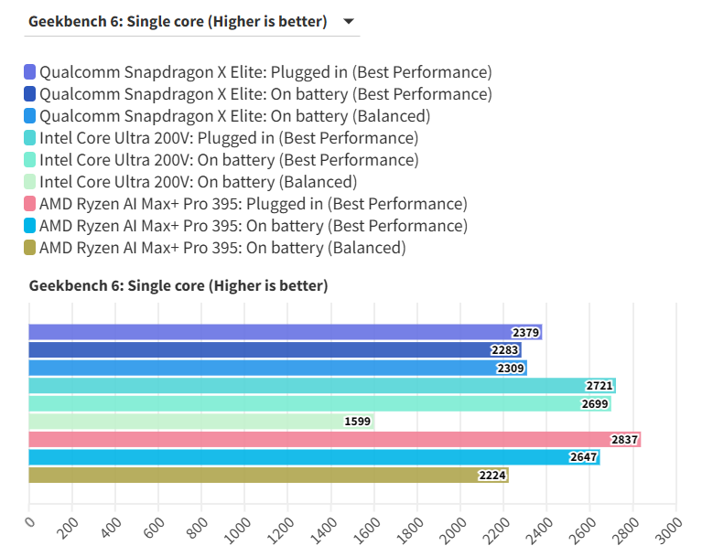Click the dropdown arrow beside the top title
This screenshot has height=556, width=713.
[x=348, y=22]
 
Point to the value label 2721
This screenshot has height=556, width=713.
[x=599, y=386]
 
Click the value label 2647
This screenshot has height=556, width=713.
[x=583, y=457]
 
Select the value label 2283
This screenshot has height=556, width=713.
[x=504, y=350]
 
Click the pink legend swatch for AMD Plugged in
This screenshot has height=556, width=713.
[x=30, y=204]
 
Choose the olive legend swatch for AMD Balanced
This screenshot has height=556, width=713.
[x=30, y=248]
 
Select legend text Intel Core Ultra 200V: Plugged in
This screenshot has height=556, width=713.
[x=229, y=138]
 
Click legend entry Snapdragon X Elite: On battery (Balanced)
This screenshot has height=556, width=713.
[x=234, y=116]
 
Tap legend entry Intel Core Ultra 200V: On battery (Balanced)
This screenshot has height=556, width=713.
[x=199, y=182]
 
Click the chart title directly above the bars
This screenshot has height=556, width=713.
[x=178, y=286]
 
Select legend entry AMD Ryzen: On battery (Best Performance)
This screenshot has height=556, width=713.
[x=254, y=226]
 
